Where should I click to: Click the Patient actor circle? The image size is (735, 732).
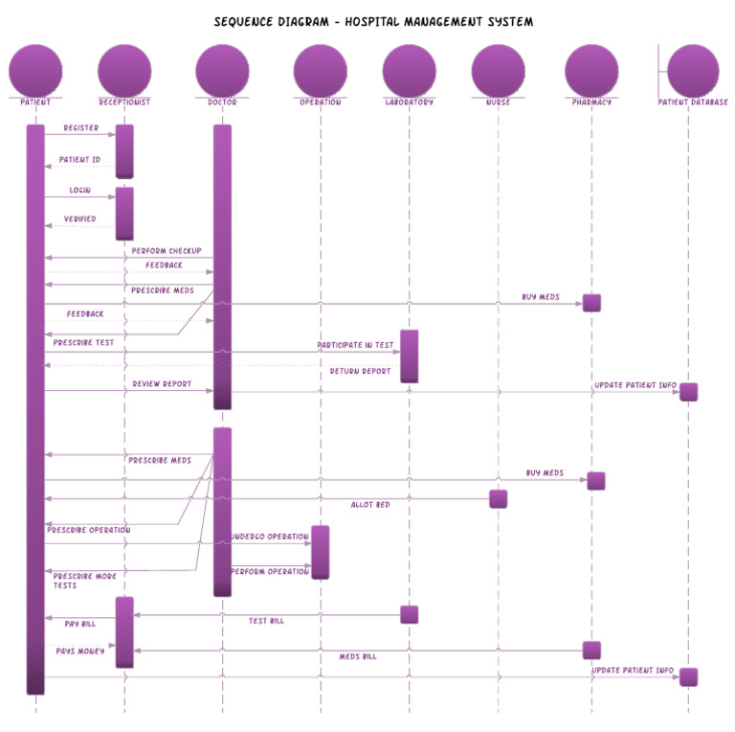pos(35,70)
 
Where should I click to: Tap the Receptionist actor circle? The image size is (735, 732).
pos(124,70)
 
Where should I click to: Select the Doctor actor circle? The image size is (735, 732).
pos(222,70)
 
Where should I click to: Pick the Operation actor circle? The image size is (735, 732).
pos(320,70)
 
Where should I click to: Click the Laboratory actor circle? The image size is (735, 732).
pos(409,70)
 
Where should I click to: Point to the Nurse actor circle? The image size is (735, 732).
pos(498,70)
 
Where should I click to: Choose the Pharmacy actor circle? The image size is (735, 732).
pos(591,70)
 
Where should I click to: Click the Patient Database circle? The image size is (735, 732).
pos(693,70)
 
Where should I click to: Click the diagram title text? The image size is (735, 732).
pos(373,21)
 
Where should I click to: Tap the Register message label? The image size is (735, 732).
pos(80,127)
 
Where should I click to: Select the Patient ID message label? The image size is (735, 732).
pos(79,160)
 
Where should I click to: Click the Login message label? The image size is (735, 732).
pos(79,191)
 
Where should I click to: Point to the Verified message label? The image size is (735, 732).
pos(79,219)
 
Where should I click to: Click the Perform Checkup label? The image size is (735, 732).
pos(167,251)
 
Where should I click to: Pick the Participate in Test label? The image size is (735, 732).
pos(355,345)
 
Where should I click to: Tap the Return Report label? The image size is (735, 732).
pos(360,371)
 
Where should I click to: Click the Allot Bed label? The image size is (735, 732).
pos(369,504)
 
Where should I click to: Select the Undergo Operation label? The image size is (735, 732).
pos(270,537)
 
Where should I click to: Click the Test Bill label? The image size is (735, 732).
pos(266,621)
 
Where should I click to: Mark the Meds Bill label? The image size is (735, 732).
pos(358,656)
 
